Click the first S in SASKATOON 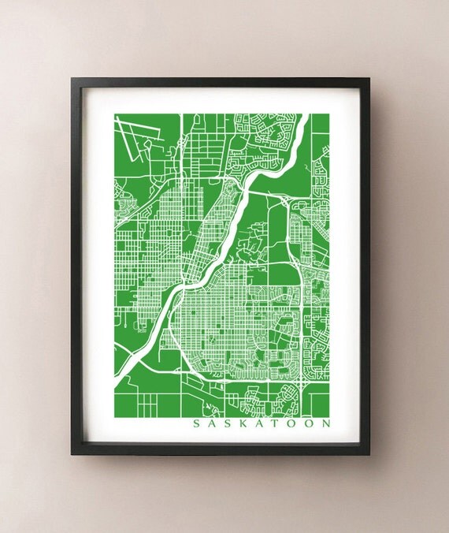196,423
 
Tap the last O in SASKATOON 307,423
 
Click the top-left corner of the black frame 71,78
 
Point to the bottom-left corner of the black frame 71,455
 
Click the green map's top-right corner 330,114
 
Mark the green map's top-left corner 114,114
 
